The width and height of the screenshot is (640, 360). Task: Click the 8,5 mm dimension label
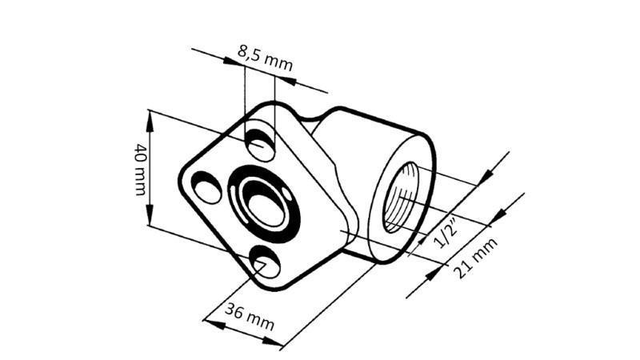265,57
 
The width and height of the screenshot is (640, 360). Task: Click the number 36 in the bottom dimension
234,311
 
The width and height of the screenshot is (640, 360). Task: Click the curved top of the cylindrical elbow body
376,116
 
